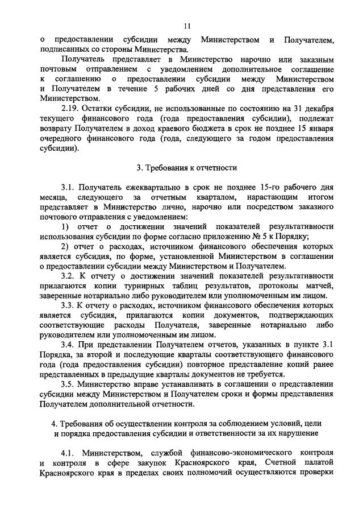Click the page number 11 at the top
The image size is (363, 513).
187,25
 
